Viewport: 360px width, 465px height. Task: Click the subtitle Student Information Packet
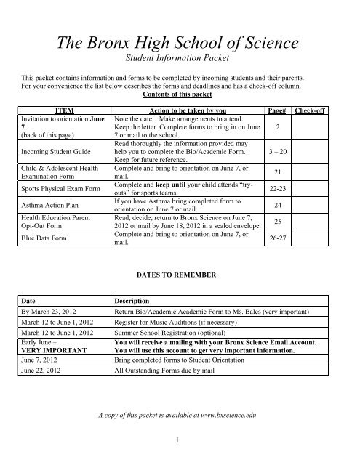point(180,62)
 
